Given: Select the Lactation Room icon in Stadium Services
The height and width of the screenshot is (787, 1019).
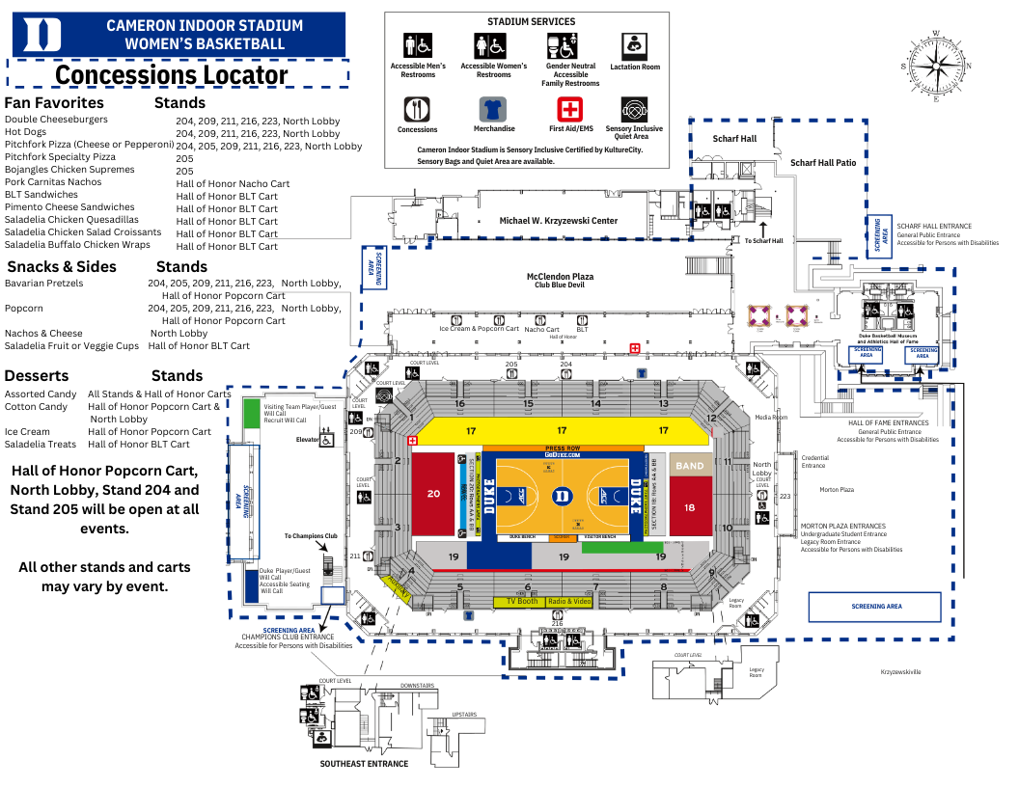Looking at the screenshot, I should pyautogui.click(x=635, y=44).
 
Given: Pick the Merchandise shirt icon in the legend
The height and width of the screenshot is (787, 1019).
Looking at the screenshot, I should pyautogui.click(x=493, y=109).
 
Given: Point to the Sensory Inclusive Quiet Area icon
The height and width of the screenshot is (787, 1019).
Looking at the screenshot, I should pyautogui.click(x=634, y=109).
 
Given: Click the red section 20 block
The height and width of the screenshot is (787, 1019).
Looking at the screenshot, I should pyautogui.click(x=433, y=493).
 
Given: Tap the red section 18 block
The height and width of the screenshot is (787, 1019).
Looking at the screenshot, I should pyautogui.click(x=690, y=507).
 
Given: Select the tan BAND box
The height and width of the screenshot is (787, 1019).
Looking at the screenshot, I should pyautogui.click(x=690, y=466).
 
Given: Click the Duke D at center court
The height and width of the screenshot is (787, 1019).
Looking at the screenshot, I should pyautogui.click(x=562, y=496).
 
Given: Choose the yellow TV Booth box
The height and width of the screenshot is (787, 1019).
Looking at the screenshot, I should pyautogui.click(x=521, y=601).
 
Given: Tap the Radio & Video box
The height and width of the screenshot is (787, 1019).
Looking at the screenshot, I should pyautogui.click(x=569, y=601).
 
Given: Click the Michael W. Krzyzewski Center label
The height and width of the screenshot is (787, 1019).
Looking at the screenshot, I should pyautogui.click(x=558, y=221).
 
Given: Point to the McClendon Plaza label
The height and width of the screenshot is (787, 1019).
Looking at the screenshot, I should pyautogui.click(x=560, y=276).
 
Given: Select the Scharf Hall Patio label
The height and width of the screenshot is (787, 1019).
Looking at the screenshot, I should pyautogui.click(x=822, y=163).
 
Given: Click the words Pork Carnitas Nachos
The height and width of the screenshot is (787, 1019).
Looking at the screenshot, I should pyautogui.click(x=53, y=182).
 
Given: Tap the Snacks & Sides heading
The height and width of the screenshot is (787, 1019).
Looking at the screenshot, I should pyautogui.click(x=62, y=267).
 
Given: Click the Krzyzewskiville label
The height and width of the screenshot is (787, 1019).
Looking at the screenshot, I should pyautogui.click(x=900, y=670).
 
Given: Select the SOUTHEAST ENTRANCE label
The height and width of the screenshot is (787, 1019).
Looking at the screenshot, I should pyautogui.click(x=364, y=764).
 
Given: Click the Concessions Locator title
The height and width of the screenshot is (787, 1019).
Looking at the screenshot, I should pyautogui.click(x=172, y=75).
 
